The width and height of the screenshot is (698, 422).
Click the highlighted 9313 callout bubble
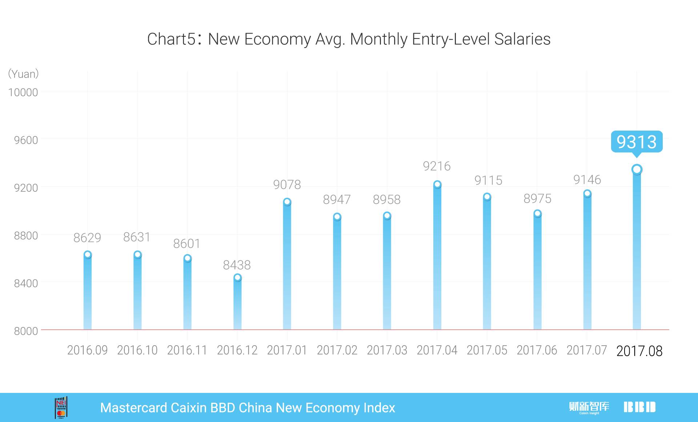pyautogui.click(x=637, y=142)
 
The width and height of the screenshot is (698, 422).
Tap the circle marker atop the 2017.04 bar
pyautogui.click(x=437, y=184)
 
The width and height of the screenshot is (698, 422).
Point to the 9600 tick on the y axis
pyautogui.click(x=26, y=140)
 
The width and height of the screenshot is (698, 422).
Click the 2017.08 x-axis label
pyautogui.click(x=639, y=351)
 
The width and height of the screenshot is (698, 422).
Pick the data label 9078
pyautogui.click(x=287, y=185)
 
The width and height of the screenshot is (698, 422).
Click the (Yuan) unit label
pyautogui.click(x=23, y=74)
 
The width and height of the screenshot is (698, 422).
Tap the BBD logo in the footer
pyautogui.click(x=639, y=407)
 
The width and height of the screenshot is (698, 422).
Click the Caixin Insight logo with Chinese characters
pyautogui.click(x=589, y=407)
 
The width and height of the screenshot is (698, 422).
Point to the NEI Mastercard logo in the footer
pyautogui.click(x=61, y=407)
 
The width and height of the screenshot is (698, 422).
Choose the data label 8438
pyautogui.click(x=237, y=265)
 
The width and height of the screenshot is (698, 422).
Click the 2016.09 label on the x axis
pyautogui.click(x=87, y=350)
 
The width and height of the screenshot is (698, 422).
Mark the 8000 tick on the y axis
pyautogui.click(x=26, y=331)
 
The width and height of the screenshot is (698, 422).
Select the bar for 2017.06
pyautogui.click(x=537, y=273)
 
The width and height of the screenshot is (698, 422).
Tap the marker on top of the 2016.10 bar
pyautogui.click(x=137, y=255)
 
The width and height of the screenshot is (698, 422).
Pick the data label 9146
pyautogui.click(x=587, y=180)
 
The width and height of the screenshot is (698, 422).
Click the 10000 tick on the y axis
pyautogui.click(x=23, y=92)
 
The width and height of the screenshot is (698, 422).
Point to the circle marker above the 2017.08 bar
pyautogui.click(x=637, y=169)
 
